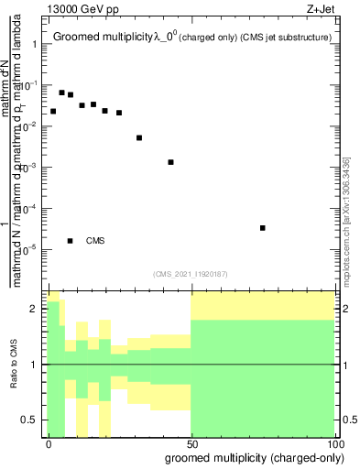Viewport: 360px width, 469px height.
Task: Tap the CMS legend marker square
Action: point(71,241)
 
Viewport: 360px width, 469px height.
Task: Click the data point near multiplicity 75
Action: point(263,228)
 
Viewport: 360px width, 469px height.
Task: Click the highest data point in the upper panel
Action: point(61,93)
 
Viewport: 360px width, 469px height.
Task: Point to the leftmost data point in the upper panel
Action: point(53,112)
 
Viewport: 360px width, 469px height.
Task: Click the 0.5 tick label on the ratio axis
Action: point(30,420)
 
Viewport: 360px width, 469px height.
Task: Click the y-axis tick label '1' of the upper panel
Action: point(35,44)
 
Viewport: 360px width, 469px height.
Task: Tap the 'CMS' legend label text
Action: point(95,241)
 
